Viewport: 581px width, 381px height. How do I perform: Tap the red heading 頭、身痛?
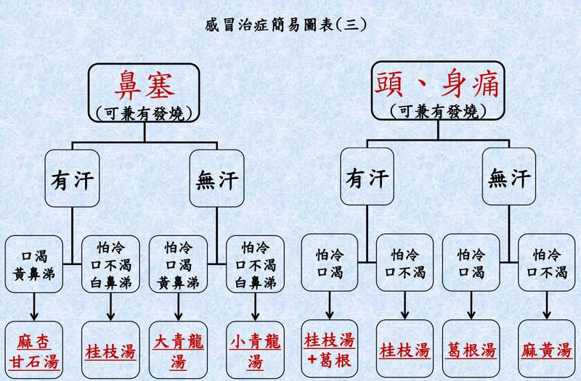(437, 85)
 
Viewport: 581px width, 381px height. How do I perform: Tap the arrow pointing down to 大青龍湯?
(179, 305)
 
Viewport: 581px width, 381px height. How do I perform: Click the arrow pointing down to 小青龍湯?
(254, 305)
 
